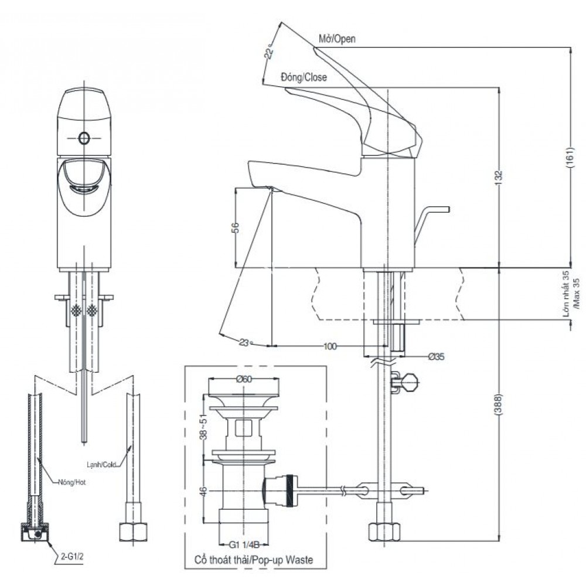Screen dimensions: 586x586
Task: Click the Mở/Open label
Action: click(x=337, y=39)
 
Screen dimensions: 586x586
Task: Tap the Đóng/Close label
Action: click(x=304, y=77)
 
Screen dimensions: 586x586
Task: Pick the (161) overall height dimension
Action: click(x=570, y=158)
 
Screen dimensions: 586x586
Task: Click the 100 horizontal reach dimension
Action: click(x=330, y=346)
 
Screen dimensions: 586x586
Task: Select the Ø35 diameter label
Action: click(x=436, y=356)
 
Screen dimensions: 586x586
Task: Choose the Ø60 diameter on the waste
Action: click(x=244, y=379)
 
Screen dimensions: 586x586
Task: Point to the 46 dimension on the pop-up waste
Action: click(x=203, y=491)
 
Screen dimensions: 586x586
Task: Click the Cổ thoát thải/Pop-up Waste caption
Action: click(x=254, y=560)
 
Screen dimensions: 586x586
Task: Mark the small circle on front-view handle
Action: click(x=84, y=138)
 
